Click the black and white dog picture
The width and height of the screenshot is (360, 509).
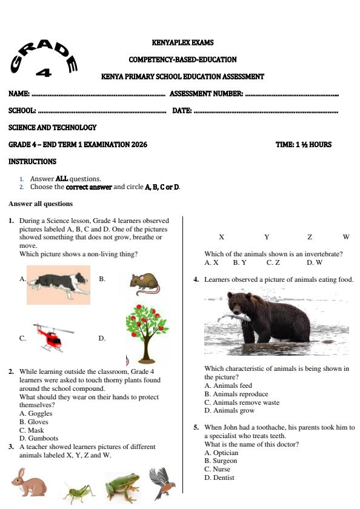pyautogui.click(x=59, y=284)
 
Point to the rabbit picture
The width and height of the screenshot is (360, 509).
pyautogui.click(x=28, y=483)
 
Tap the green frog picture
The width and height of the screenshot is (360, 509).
pyautogui.click(x=122, y=487)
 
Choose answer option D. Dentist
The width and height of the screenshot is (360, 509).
pyautogui.click(x=219, y=477)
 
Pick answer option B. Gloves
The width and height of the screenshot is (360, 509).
pyautogui.click(x=34, y=422)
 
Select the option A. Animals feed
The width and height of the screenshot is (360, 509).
pyautogui.click(x=228, y=385)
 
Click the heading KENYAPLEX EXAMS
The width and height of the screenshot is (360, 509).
pyautogui.click(x=182, y=43)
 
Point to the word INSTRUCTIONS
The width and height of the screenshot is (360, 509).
pyautogui.click(x=32, y=162)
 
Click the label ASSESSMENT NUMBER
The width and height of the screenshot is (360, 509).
pyautogui.click(x=206, y=94)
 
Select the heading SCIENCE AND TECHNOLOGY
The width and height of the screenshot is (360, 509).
pyautogui.click(x=52, y=128)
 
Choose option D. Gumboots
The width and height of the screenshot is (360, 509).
pyautogui.click(x=39, y=438)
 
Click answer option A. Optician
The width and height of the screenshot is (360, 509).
pyautogui.click(x=221, y=453)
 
